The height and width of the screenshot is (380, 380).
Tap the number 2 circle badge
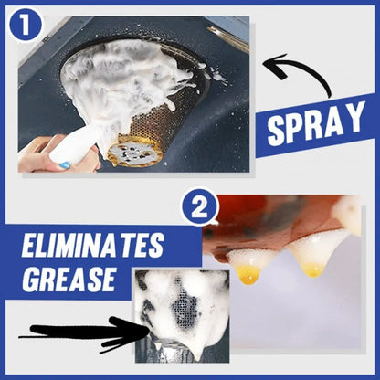pyautogui.click(x=198, y=207)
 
